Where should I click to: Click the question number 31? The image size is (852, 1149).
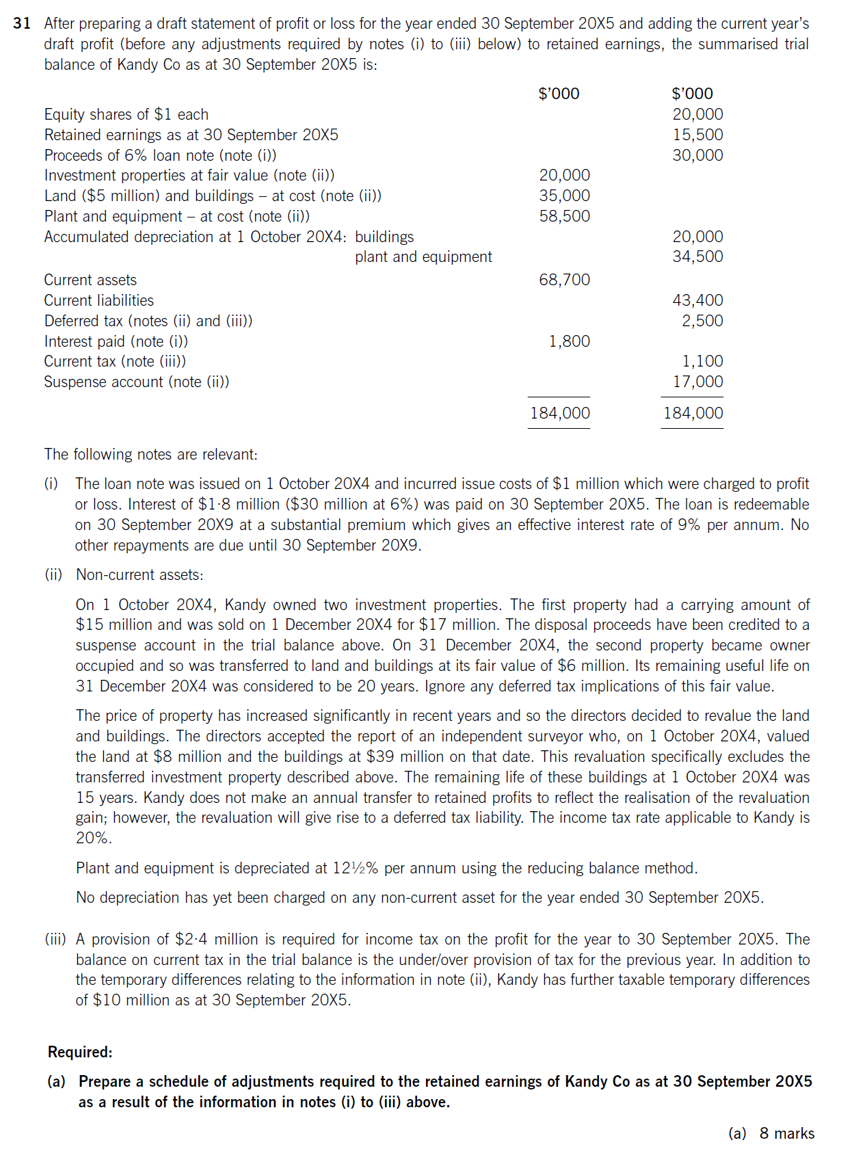tap(22, 23)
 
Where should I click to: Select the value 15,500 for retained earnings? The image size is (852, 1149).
tap(697, 135)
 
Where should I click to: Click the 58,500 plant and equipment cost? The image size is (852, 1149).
tap(564, 216)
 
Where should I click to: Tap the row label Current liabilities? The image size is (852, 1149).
tap(99, 300)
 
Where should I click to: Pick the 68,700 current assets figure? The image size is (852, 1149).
tap(564, 280)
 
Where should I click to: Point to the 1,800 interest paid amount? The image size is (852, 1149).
tap(569, 341)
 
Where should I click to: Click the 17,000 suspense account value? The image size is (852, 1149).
tap(697, 382)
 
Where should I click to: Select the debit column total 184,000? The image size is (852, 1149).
tap(560, 413)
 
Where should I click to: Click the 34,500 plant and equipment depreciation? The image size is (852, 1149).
tap(697, 256)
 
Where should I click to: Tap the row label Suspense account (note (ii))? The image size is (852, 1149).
tap(137, 382)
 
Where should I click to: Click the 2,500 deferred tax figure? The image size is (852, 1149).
tap(702, 321)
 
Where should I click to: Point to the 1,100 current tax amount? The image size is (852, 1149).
tap(702, 361)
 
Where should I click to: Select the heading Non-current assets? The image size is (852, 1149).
tap(139, 574)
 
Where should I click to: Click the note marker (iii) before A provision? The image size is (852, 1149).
tap(55, 939)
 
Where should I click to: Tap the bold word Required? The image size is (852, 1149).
tap(80, 1052)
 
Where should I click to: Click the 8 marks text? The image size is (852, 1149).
tap(787, 1133)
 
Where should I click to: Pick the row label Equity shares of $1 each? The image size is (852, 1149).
tap(127, 114)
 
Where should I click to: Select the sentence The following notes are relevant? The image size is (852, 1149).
tap(151, 454)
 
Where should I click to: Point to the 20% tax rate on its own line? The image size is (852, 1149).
tap(93, 838)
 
